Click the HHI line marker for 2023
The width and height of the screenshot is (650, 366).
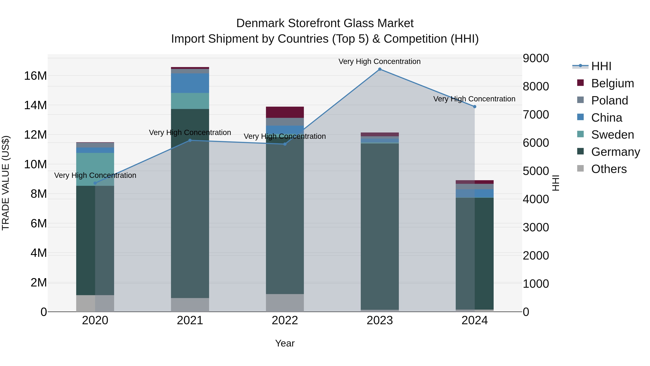(380, 69)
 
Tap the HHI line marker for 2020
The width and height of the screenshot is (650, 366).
(95, 183)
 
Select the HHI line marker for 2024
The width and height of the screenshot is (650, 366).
(475, 107)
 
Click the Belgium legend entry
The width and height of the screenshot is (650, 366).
(612, 83)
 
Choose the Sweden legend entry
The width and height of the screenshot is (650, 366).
(612, 135)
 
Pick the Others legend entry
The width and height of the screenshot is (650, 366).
(609, 169)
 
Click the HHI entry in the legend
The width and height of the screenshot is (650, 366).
(601, 66)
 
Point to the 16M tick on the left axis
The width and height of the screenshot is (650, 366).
(35, 76)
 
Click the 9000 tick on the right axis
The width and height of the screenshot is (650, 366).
(536, 58)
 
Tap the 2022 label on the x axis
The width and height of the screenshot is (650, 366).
(285, 320)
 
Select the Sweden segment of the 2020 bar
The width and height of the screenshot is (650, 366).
(95, 169)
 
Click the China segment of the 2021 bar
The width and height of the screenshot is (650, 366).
(190, 83)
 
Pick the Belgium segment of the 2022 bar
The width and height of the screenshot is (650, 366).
(285, 112)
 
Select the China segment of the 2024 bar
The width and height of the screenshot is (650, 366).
(475, 193)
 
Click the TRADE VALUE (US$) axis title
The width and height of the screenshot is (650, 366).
(6, 183)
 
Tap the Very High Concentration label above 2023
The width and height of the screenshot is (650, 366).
(380, 61)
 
